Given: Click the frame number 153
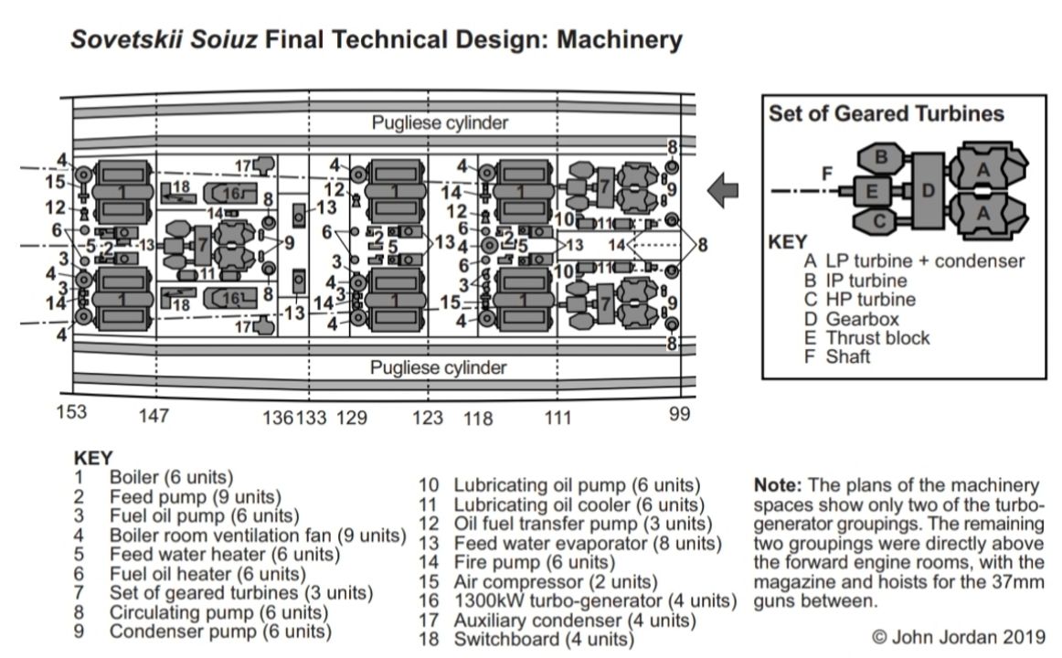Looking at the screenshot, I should point(70,412).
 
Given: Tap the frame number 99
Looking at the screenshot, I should point(678,414).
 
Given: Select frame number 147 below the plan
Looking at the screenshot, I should point(153,418).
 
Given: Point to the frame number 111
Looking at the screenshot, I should point(558,418).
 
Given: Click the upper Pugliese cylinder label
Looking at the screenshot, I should point(440,122).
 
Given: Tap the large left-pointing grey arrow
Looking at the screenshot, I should point(724,190).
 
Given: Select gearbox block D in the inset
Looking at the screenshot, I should point(927,190).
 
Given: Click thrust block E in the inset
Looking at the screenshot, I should point(872,191).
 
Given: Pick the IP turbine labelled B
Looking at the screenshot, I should point(881,156).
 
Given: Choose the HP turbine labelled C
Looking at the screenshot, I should point(880,220).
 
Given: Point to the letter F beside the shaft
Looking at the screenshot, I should point(826,172).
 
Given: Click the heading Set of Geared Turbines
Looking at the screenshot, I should point(886,114).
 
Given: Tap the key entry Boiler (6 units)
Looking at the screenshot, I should point(171,477).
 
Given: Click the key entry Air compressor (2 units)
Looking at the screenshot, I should point(555,581).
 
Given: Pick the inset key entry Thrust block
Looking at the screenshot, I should point(877,337).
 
